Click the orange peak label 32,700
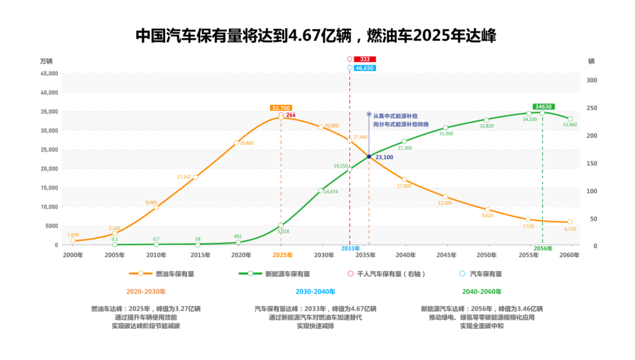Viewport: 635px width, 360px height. pos(280,108)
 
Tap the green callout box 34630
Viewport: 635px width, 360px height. pos(542,106)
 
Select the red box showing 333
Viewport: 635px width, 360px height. pos(365,59)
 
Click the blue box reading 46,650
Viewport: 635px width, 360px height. pos(365,68)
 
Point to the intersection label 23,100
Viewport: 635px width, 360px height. pos(384,158)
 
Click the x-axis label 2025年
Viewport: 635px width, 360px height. pos(282,255)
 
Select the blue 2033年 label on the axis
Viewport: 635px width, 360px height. pos(350,248)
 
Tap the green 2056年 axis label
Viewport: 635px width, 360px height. pos(543,248)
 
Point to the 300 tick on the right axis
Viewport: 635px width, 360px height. pos(592,81)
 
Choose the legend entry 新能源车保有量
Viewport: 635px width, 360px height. pos(288,274)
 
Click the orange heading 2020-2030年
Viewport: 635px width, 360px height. pos(146,292)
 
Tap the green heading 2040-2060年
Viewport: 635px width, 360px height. pos(482,292)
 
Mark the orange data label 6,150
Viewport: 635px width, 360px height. pos(570,229)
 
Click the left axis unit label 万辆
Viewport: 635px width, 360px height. pos(46,61)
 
